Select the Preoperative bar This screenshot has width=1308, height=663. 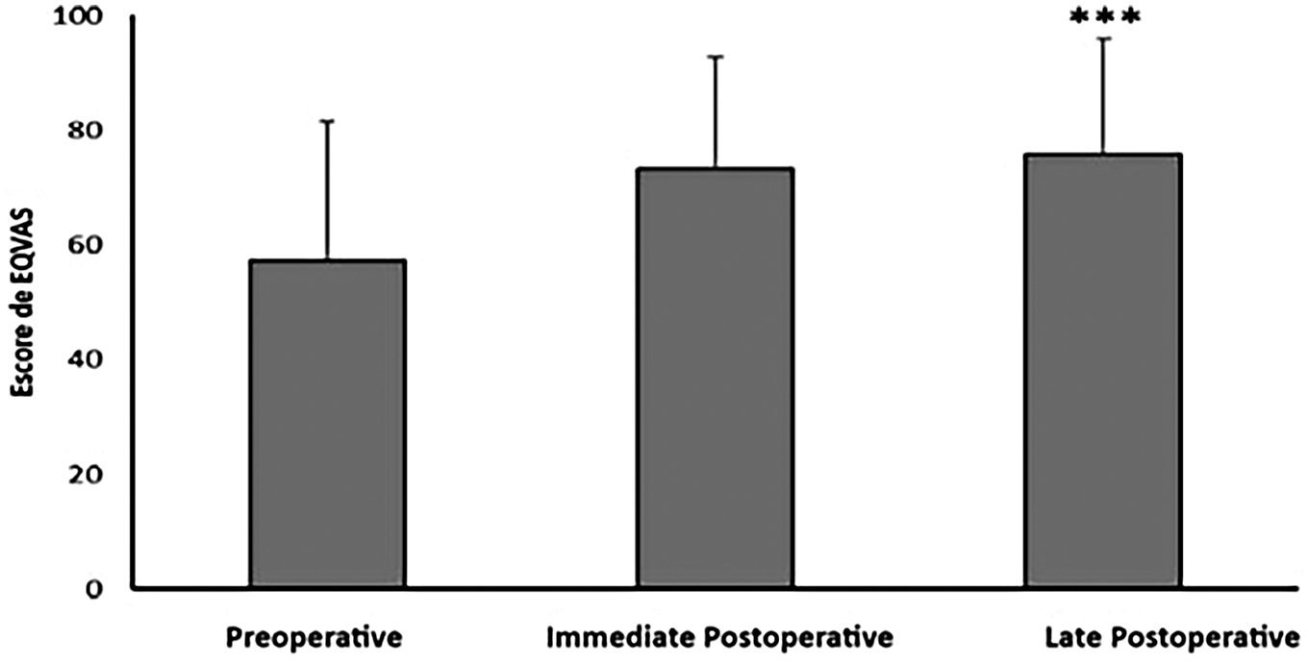click(x=327, y=423)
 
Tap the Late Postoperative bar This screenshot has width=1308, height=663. click(x=1102, y=370)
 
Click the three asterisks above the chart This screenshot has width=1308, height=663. click(x=1105, y=16)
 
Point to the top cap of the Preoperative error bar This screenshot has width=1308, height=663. click(x=327, y=121)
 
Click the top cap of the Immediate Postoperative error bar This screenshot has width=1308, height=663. click(x=715, y=57)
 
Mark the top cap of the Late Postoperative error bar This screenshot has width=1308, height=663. click(x=1102, y=38)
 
